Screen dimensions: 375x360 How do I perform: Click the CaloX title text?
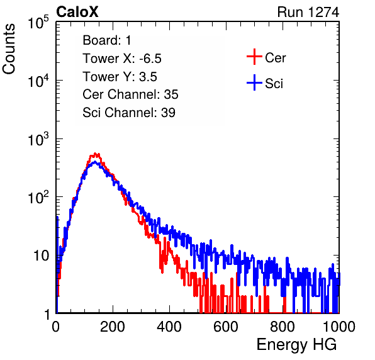click(77, 12)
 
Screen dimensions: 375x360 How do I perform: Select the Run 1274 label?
click(308, 12)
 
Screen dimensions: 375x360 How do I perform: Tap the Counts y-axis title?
click(9, 49)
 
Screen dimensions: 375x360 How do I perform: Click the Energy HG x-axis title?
click(296, 345)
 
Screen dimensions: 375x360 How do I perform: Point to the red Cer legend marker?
click(254, 57)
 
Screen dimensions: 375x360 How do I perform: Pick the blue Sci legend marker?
click(254, 82)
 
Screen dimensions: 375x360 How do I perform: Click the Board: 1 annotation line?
click(107, 40)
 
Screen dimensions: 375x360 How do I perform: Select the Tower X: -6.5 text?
click(122, 59)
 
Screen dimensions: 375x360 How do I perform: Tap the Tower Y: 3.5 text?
click(120, 77)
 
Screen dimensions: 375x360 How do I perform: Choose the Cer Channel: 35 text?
click(130, 94)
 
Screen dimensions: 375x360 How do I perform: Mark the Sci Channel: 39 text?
click(129, 113)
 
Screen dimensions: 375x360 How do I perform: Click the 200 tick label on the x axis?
click(113, 327)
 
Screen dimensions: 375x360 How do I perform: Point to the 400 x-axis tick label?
click(169, 327)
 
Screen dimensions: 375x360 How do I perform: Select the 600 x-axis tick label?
click(226, 327)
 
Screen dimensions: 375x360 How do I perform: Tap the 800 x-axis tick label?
click(283, 327)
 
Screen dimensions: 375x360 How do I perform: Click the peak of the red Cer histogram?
click(96, 154)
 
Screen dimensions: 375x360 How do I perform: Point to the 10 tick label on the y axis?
click(41, 256)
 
